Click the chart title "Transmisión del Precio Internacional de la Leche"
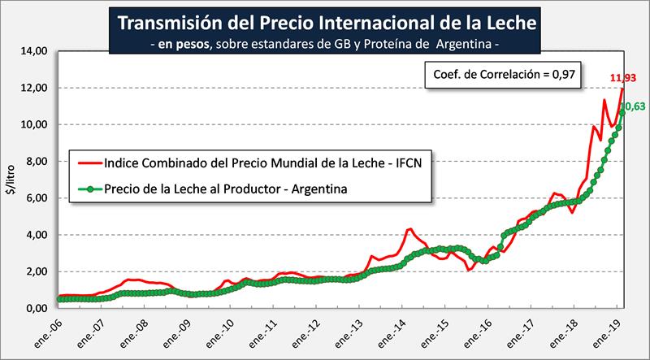(323, 20)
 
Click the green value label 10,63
(633, 106)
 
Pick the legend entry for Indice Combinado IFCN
(252, 161)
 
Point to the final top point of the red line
(622, 88)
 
